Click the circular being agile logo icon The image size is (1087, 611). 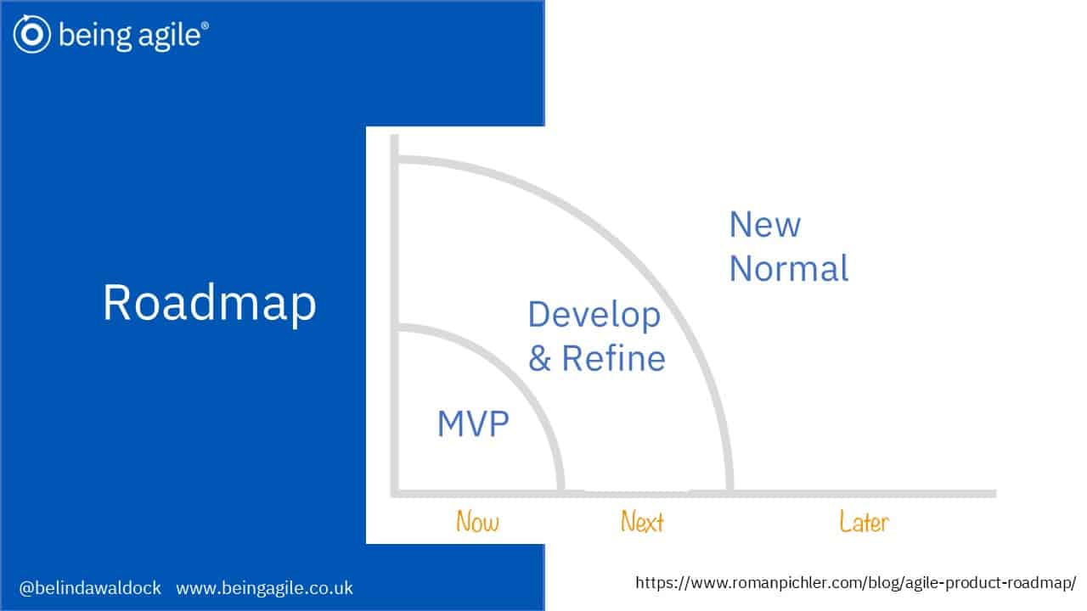click(x=32, y=34)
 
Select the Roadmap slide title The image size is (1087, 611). click(x=210, y=303)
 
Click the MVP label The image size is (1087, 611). click(x=473, y=423)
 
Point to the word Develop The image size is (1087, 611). click(x=594, y=316)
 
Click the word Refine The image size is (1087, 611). click(x=613, y=358)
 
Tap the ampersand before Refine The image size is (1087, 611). click(x=539, y=359)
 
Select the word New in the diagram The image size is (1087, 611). click(x=765, y=225)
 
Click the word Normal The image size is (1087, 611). click(x=789, y=268)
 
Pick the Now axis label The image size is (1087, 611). click(x=477, y=522)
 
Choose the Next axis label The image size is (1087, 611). click(x=642, y=522)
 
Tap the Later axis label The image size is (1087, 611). click(x=865, y=522)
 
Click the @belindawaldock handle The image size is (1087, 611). click(x=90, y=588)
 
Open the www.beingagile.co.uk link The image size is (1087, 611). click(x=264, y=588)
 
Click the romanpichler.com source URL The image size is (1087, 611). click(x=855, y=582)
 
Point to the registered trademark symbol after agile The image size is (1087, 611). click(x=206, y=25)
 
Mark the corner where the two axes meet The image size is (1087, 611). click(x=395, y=494)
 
